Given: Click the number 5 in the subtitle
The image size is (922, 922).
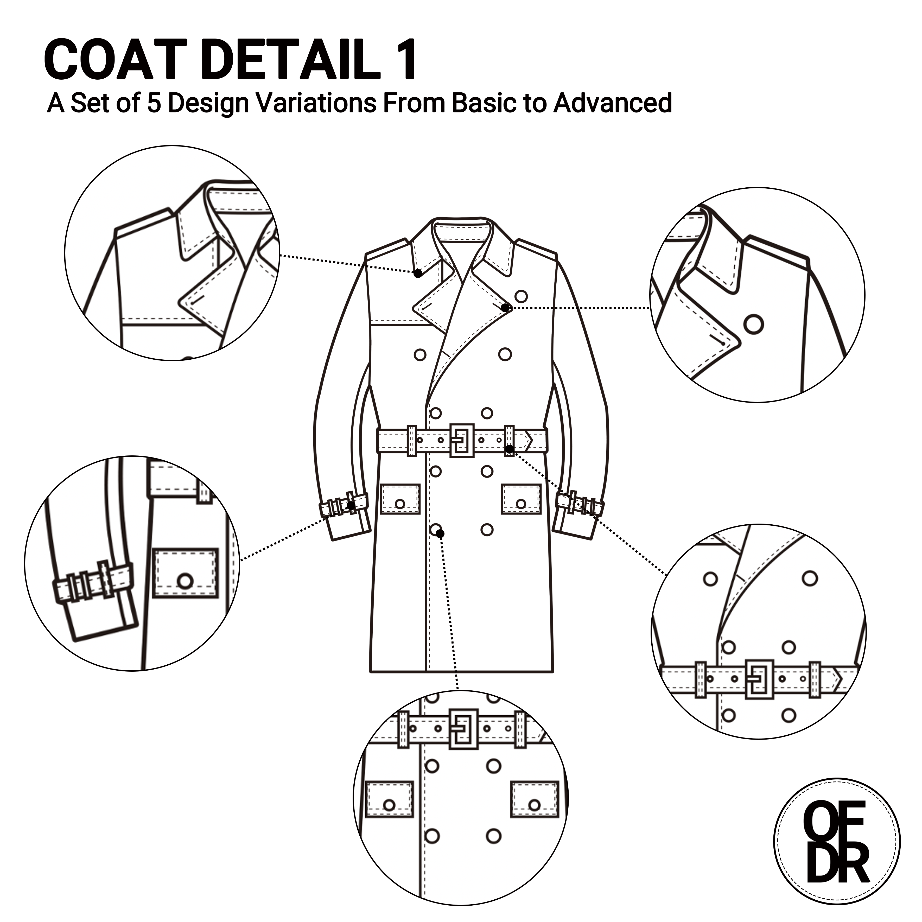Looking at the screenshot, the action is (154, 103).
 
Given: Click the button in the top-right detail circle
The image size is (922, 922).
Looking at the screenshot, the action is (754, 325).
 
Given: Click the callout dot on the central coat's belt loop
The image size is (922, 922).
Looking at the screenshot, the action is (510, 449).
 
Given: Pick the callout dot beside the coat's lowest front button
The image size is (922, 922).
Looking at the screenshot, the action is (440, 533).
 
